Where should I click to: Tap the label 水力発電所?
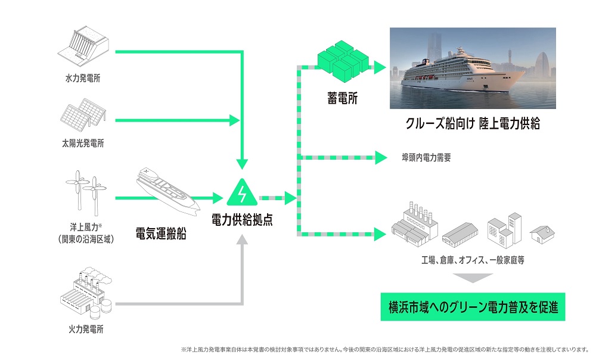tap(85, 78)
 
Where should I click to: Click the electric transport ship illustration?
tap(167, 191)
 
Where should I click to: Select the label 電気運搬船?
tap(161, 234)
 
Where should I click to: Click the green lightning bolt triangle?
tap(242, 192)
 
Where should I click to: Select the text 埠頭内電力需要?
tap(427, 158)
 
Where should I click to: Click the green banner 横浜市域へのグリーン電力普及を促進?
tap(473, 307)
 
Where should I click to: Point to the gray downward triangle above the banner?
tap(473, 278)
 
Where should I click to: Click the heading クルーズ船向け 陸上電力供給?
tap(473, 126)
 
